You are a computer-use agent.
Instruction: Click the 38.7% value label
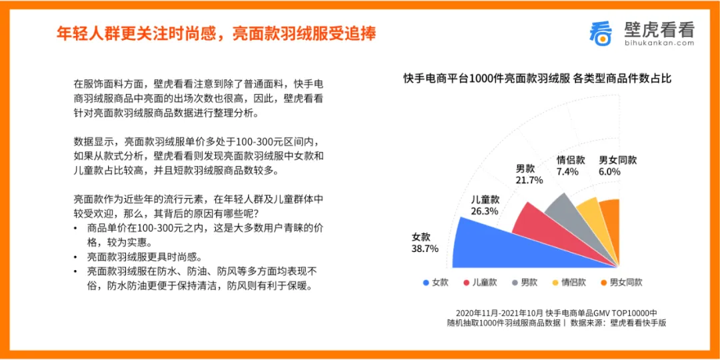click(x=425, y=249)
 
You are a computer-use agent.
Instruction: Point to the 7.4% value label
click(x=567, y=172)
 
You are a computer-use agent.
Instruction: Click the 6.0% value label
click(x=609, y=172)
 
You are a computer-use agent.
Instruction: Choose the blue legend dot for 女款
click(x=426, y=283)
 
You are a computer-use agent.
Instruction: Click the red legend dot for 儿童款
click(x=467, y=283)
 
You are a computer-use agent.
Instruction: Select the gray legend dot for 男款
click(x=515, y=283)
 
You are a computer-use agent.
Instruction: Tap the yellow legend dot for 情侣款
click(x=555, y=283)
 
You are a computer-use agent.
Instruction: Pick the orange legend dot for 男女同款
click(x=603, y=283)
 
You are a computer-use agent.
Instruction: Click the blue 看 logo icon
click(x=601, y=33)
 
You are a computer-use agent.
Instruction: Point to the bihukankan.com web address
click(x=659, y=43)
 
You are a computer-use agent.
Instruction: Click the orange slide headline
click(x=216, y=33)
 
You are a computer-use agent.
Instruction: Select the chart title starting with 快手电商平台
click(x=538, y=79)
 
